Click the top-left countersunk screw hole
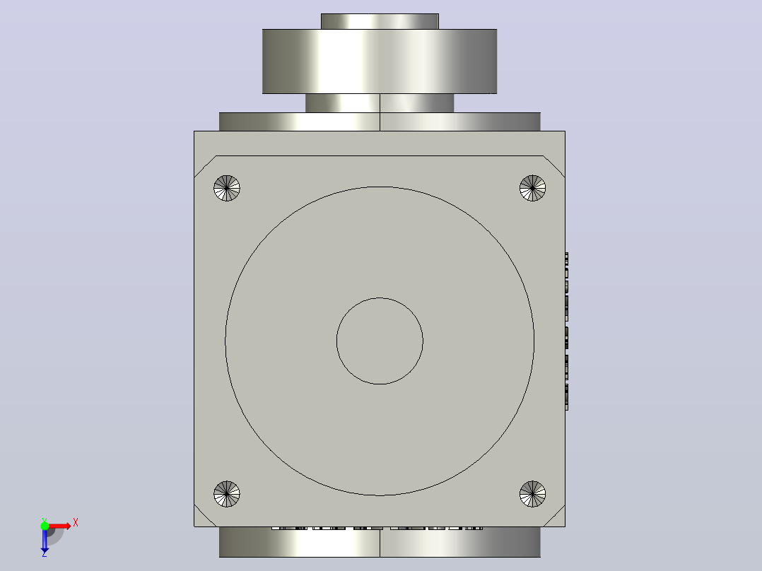click(x=226, y=188)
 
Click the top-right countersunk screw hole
click(x=533, y=188)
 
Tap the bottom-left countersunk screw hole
click(x=226, y=494)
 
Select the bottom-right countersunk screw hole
click(x=533, y=494)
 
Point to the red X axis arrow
click(x=60, y=526)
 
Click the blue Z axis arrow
click(x=45, y=541)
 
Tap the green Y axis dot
click(x=45, y=525)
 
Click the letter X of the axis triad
click(x=76, y=523)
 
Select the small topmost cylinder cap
click(x=380, y=21)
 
